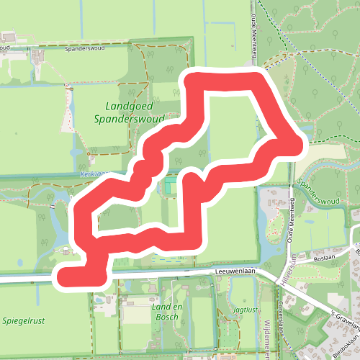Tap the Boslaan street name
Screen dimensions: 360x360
325,256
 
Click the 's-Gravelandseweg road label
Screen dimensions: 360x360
343,320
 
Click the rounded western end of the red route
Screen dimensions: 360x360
63,276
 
